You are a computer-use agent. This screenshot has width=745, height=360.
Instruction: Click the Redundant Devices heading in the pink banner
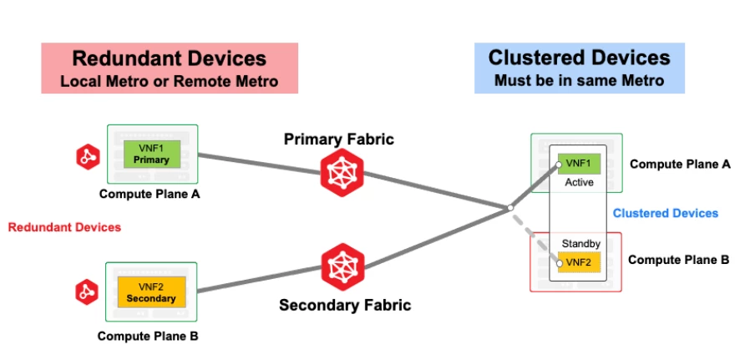(x=169, y=58)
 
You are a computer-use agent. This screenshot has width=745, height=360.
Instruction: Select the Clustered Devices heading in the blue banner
(x=579, y=58)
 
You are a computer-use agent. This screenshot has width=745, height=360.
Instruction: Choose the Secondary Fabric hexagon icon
(x=342, y=266)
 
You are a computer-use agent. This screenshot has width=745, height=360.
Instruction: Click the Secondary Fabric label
(x=344, y=305)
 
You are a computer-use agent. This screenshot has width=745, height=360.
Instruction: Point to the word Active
(x=579, y=181)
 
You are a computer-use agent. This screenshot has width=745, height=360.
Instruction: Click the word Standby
(x=580, y=244)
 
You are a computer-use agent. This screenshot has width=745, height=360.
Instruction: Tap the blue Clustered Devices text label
(x=665, y=213)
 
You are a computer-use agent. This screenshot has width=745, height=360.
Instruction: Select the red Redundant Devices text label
(x=64, y=227)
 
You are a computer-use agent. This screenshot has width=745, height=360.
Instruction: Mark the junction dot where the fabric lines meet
(x=509, y=208)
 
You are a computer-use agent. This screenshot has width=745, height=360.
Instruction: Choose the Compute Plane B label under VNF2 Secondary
(x=147, y=337)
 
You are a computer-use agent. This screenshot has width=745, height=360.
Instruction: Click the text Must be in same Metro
(x=579, y=81)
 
